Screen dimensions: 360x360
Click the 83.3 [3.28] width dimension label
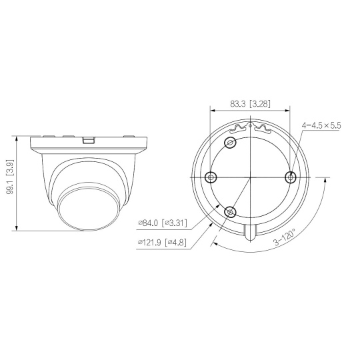pos(250,104)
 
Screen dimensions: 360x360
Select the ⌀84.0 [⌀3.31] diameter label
pos(163,223)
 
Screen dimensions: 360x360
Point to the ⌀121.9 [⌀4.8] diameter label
pos(162,242)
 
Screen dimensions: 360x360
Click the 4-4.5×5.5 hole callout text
pos(321,125)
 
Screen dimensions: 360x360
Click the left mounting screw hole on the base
pos(211,177)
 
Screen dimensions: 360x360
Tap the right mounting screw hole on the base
pos(291,177)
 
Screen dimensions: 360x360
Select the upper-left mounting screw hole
pos(230,143)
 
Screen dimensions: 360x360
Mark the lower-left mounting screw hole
pos(230,211)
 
